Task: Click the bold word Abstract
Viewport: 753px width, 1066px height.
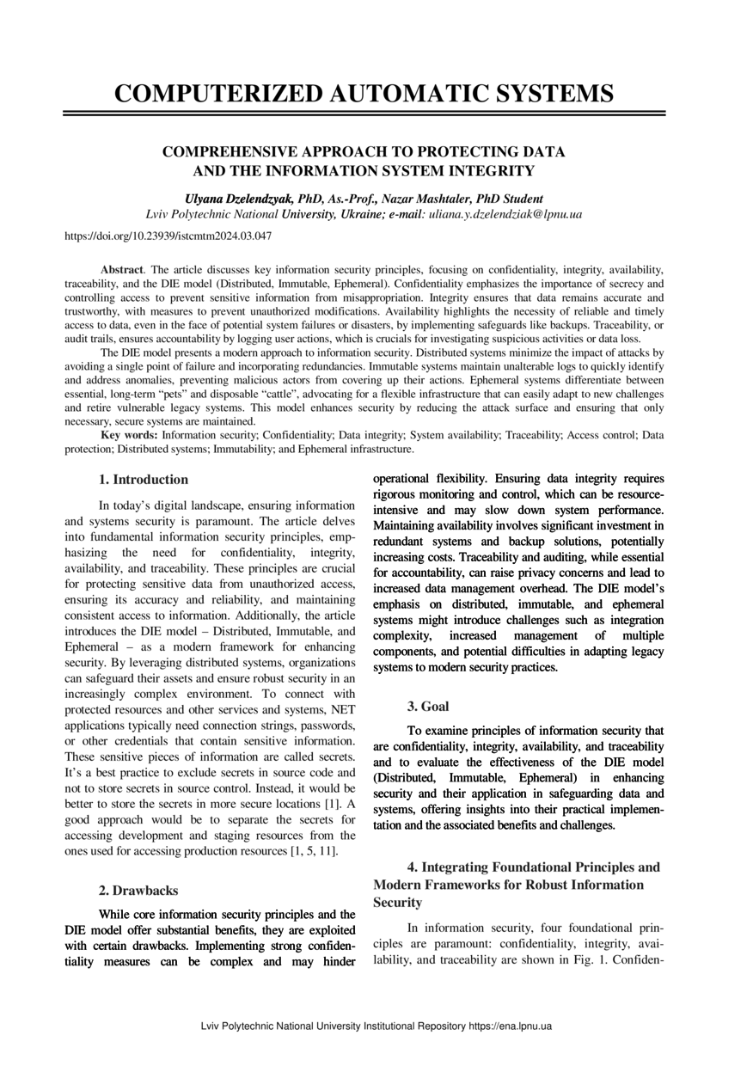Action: tap(121, 270)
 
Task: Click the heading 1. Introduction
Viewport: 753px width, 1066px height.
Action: tap(144, 480)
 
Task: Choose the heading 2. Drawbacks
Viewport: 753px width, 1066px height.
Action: tap(139, 891)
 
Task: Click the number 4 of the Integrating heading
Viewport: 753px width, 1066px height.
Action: tap(412, 867)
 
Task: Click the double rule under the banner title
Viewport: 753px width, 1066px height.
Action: tap(364, 113)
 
